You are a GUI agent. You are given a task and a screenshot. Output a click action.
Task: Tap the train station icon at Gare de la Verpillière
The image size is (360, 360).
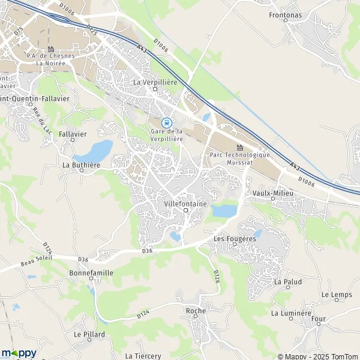point(167,122)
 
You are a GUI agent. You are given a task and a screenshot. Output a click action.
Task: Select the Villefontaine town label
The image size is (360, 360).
point(185,204)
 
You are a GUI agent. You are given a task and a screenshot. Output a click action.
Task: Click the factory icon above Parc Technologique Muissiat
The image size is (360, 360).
point(240,147)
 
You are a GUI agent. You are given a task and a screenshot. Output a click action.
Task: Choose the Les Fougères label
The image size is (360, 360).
point(235,238)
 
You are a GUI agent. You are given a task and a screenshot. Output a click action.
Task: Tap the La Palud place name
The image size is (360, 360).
point(287,281)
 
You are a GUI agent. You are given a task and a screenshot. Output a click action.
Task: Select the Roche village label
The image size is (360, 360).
point(196,311)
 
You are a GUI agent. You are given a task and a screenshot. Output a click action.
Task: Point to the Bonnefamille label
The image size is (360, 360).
point(91,272)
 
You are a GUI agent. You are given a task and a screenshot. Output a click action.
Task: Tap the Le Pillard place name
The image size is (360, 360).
point(89,334)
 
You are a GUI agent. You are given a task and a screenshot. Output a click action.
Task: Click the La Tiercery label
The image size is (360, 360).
point(143,356)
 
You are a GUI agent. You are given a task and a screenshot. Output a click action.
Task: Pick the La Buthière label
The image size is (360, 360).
point(80,164)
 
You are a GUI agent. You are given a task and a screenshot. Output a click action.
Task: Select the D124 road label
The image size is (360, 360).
point(143,314)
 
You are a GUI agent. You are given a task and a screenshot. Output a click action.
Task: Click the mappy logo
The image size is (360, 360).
point(19,353)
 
